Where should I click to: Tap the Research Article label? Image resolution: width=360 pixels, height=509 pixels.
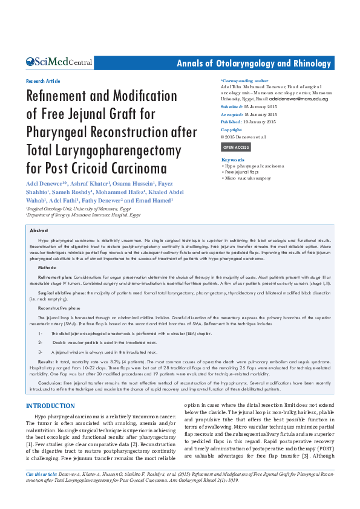[43, 80]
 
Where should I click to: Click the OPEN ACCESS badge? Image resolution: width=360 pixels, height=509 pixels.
[235, 147]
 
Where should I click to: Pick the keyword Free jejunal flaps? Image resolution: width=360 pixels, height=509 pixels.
[241, 172]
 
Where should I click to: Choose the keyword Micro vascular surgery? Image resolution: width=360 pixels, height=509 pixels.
[246, 178]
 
